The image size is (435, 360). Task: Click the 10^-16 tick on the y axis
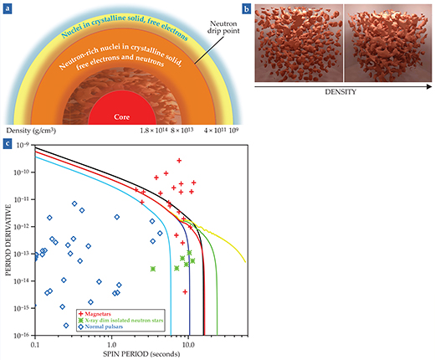pyautogui.click(x=22, y=335)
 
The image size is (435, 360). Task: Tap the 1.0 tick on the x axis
pyautogui.click(x=111, y=343)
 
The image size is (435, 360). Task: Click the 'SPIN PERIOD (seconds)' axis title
pyautogui.click(x=140, y=354)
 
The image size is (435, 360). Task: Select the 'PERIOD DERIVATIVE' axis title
pyautogui.click(x=7, y=240)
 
